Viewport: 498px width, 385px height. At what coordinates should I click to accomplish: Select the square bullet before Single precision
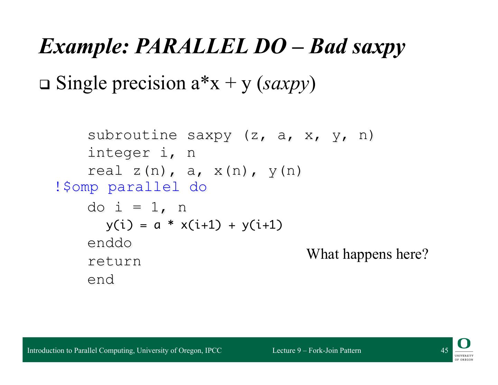tap(45, 84)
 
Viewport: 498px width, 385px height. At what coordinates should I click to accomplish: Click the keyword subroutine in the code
tap(132, 135)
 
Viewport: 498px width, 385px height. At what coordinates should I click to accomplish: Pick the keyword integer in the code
tap(119, 153)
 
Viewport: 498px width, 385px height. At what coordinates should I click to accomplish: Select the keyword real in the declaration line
tap(105, 171)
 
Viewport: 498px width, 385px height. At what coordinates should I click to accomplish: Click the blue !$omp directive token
tap(77, 187)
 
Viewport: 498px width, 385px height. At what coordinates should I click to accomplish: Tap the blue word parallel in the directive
tap(144, 187)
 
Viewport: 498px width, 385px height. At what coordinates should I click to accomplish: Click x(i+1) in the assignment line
tap(201, 225)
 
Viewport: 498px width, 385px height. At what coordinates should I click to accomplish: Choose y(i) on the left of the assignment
tap(119, 225)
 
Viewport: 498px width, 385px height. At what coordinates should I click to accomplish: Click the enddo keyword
tap(110, 243)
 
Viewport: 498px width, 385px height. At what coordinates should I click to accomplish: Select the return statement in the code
tap(114, 261)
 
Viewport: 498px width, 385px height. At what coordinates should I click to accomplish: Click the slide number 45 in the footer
tap(444, 350)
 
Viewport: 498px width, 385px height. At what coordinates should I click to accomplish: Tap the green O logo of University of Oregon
tap(464, 343)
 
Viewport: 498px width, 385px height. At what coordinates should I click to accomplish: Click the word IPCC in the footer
tap(213, 350)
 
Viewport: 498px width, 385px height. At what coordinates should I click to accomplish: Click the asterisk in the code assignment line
tap(170, 223)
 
